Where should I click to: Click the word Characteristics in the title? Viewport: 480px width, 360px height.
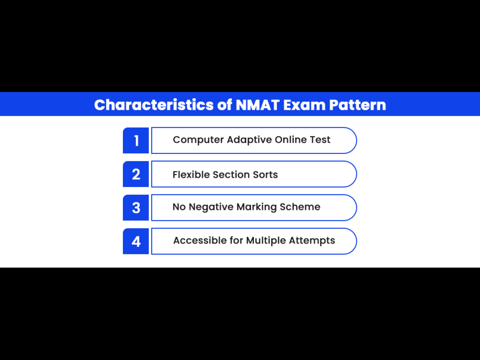point(154,105)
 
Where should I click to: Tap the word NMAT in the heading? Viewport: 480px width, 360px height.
point(258,105)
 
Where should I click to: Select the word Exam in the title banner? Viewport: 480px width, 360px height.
point(304,105)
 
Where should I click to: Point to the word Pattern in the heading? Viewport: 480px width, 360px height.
point(358,105)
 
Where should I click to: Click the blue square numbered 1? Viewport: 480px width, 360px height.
point(136,140)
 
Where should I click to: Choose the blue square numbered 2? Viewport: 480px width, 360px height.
point(136,174)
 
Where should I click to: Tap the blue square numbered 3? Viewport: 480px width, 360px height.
point(136,208)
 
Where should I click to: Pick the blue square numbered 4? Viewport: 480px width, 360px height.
point(136,241)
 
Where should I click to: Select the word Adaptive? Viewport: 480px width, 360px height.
point(249,140)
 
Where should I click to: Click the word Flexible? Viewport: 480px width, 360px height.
point(191,175)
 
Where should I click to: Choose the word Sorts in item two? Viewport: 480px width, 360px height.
point(265,175)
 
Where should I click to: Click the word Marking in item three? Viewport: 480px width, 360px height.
point(256,207)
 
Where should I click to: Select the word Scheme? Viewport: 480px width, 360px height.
point(300,206)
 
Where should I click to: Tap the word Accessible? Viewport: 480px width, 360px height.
point(200,240)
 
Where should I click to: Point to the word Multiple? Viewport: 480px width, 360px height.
point(266,241)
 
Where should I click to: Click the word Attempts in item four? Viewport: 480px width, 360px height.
point(312,241)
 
